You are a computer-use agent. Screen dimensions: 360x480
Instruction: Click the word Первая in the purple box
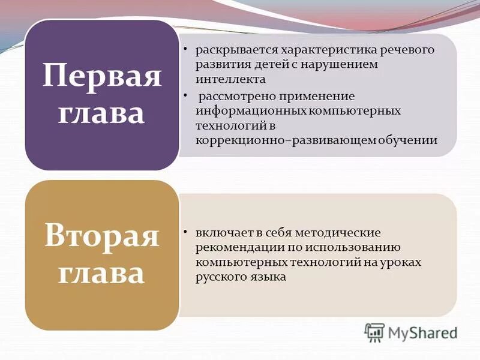click(102, 77)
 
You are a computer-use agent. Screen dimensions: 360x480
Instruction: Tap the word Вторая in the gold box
click(102, 236)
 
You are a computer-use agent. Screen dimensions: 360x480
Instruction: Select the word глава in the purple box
click(102, 113)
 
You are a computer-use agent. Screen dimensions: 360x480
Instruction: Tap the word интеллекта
click(230, 79)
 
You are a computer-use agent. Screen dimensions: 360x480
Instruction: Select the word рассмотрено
click(234, 96)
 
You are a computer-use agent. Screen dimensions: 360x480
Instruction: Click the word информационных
click(251, 111)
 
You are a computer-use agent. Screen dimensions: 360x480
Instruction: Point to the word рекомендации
click(235, 247)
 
